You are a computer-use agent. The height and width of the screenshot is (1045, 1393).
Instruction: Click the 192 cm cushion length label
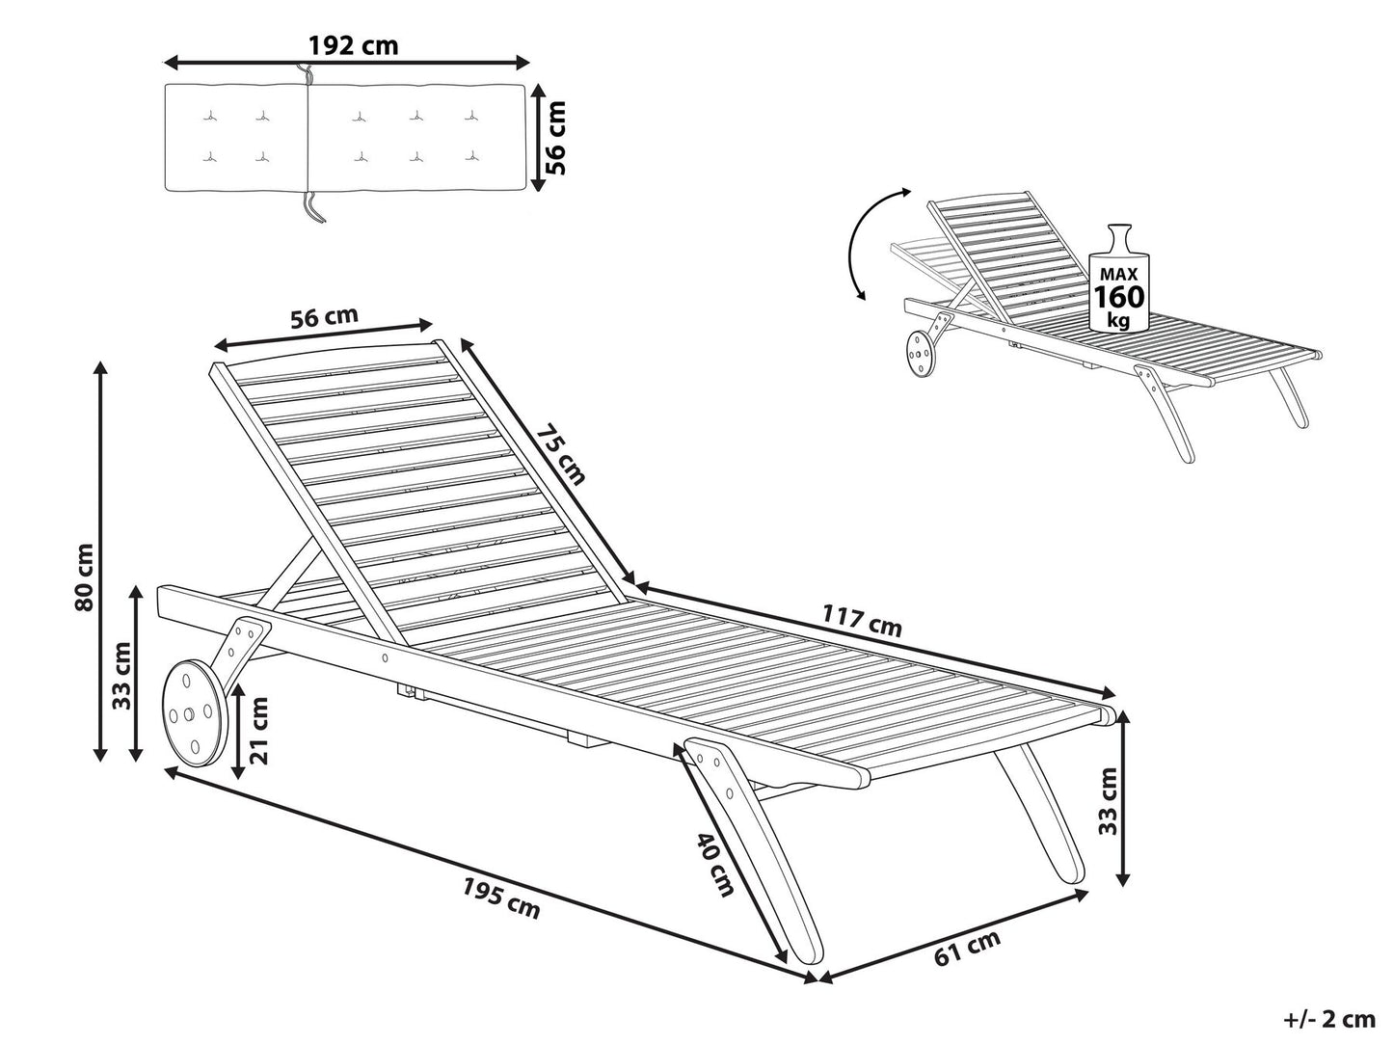pyautogui.click(x=353, y=45)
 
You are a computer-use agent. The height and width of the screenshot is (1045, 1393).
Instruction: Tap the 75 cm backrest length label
pyautogui.click(x=560, y=455)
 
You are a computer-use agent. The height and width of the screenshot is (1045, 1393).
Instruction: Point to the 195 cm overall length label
pyautogui.click(x=500, y=898)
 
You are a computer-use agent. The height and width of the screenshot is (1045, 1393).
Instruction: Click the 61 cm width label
pyautogui.click(x=968, y=948)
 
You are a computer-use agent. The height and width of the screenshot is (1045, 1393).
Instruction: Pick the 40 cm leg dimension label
pyautogui.click(x=715, y=864)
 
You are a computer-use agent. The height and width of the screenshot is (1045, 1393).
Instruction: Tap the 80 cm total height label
pyautogui.click(x=85, y=576)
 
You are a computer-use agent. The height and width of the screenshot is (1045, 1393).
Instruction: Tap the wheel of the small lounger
pyautogui.click(x=919, y=355)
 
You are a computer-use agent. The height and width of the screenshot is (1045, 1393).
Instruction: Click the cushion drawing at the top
pyautogui.click(x=344, y=137)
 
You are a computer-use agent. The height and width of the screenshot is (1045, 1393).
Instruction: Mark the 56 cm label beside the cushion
pyautogui.click(x=555, y=137)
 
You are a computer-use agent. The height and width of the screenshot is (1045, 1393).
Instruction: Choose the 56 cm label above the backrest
pyautogui.click(x=324, y=316)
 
